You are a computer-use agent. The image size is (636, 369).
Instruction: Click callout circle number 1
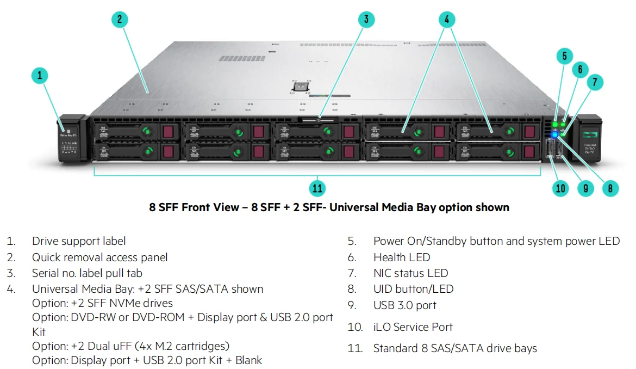40,76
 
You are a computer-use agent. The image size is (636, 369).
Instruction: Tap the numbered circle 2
120,20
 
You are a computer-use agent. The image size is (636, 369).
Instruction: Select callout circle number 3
366,20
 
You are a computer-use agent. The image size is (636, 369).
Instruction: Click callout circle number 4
446,20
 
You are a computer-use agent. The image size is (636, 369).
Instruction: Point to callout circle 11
317,188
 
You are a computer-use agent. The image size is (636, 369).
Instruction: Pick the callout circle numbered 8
610,188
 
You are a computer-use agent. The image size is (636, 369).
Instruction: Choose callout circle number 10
560,188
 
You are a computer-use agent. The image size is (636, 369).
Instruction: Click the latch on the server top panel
300,87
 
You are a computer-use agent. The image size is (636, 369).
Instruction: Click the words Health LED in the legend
402,257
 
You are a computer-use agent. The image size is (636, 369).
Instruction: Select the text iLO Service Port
413,327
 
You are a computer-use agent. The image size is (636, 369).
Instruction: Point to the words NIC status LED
410,273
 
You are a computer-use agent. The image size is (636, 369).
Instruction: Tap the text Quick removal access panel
99,257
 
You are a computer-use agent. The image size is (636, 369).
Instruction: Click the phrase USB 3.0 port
404,305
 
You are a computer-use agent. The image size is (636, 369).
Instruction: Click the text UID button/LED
413,289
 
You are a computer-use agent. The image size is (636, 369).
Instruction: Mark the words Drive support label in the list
79,241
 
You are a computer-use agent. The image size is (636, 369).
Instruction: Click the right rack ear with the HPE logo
589,138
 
